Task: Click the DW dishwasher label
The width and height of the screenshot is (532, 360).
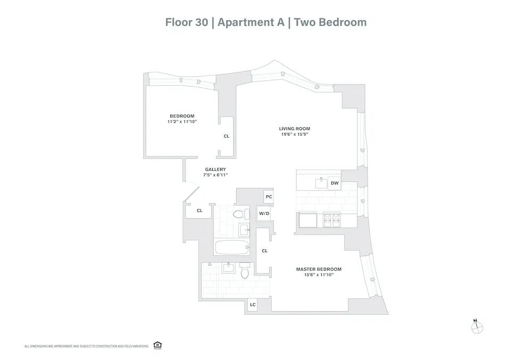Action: pos(335,183)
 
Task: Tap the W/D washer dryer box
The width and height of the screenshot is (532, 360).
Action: pos(264,213)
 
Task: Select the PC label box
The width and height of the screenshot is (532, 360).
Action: pos(269,197)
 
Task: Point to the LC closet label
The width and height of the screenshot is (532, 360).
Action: pos(253,305)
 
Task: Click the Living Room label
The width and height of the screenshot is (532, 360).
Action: pos(295,129)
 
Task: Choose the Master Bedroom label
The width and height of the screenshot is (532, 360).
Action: pos(319,269)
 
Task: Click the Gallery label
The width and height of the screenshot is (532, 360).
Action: pos(215,169)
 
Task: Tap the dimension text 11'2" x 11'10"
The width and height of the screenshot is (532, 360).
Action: pos(182,122)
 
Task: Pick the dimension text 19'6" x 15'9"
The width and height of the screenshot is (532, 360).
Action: pos(295,135)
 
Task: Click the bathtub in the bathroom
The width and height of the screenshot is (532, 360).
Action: pos(232,247)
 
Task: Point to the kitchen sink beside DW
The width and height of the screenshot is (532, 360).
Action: pos(320,183)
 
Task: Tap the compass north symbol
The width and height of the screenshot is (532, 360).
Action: pos(477,328)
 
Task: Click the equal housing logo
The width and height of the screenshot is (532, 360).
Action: pos(157,345)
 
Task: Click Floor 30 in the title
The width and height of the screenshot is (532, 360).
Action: pos(186,22)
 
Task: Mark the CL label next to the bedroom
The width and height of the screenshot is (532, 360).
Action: pos(227,136)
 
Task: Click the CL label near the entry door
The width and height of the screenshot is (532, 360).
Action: pos(199,211)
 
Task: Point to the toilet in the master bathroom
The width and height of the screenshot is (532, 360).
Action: pos(245,273)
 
